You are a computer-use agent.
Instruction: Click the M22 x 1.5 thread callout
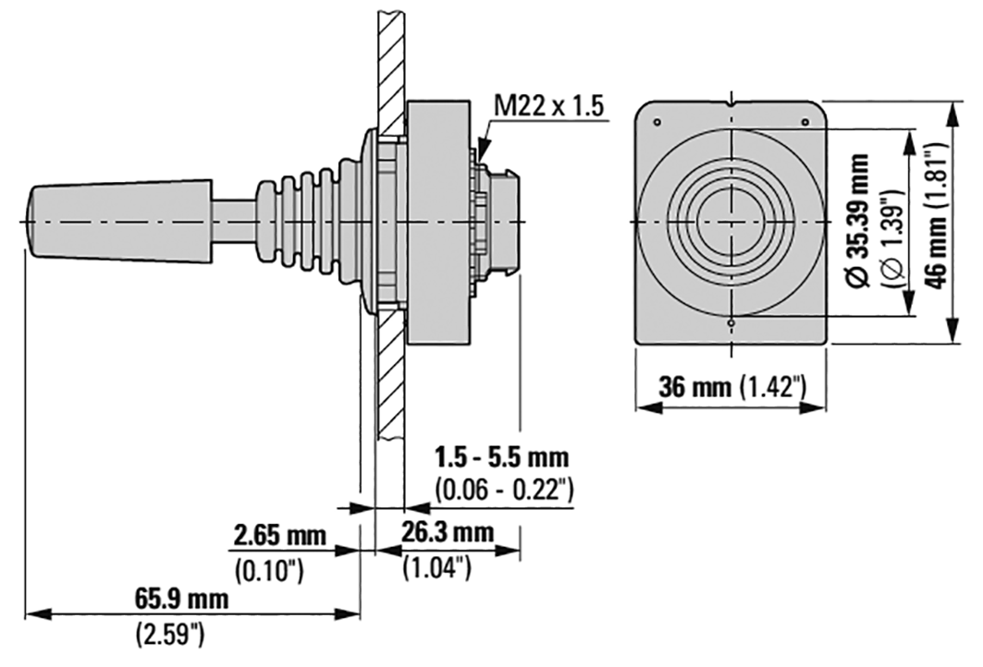pyautogui.click(x=548, y=106)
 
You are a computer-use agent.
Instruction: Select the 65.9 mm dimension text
pyautogui.click(x=182, y=599)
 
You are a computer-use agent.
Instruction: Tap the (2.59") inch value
pyautogui.click(x=169, y=635)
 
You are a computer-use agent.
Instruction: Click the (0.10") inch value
pyautogui.click(x=269, y=570)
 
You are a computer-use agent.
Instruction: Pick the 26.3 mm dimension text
pyautogui.click(x=448, y=532)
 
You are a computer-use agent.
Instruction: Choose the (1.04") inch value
pyautogui.click(x=436, y=567)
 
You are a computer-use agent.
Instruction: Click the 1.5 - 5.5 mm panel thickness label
pyautogui.click(x=502, y=457)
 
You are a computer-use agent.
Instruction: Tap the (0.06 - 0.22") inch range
pyautogui.click(x=503, y=489)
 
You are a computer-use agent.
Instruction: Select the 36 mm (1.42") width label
pyautogui.click(x=731, y=386)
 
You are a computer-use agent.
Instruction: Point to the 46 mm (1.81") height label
pyautogui.click(x=937, y=216)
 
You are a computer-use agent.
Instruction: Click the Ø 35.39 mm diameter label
pyautogui.click(x=857, y=220)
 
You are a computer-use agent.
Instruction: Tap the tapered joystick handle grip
pyautogui.click(x=119, y=222)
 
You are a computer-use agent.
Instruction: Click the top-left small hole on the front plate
pyautogui.click(x=657, y=122)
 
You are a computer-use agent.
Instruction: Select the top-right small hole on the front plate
pyautogui.click(x=805, y=122)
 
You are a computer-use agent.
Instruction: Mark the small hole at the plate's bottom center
pyautogui.click(x=731, y=322)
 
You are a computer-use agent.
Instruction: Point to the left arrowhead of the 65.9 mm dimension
pyautogui.click(x=37, y=613)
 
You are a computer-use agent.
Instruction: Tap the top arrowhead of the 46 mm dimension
pyautogui.click(x=953, y=114)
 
